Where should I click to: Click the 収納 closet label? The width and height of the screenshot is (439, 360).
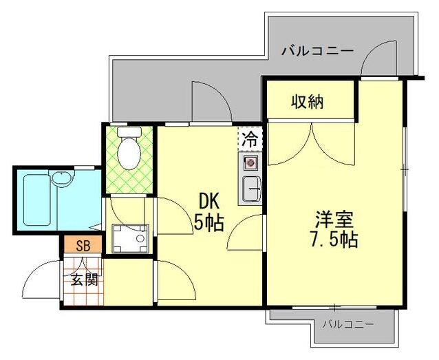click(307, 103)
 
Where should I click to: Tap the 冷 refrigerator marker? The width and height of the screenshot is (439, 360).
click(250, 138)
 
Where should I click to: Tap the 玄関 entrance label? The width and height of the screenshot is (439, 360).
click(83, 280)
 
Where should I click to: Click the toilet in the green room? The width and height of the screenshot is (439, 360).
click(128, 151)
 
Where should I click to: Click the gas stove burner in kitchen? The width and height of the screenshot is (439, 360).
click(250, 164)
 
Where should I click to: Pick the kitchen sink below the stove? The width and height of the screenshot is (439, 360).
click(250, 188)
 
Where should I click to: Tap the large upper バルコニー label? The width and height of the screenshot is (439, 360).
click(317, 50)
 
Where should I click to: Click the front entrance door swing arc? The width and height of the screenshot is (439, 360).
click(41, 279)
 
